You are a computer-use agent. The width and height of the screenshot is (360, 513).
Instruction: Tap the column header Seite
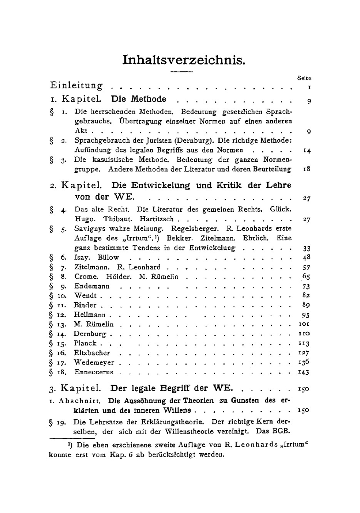304,78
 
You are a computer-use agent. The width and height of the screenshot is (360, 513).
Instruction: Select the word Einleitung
76,86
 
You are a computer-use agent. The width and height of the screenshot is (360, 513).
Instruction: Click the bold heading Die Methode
139,99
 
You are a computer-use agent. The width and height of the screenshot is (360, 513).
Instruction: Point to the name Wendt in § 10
85,295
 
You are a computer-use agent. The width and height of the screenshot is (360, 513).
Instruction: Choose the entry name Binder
85,305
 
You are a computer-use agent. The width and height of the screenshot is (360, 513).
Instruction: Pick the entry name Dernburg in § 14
90,334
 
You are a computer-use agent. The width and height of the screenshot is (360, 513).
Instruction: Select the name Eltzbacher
92,353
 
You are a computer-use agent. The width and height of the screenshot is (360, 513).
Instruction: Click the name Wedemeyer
94,363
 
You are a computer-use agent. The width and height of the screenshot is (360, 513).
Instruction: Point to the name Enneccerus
94,372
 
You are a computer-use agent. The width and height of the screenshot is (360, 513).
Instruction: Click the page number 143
304,373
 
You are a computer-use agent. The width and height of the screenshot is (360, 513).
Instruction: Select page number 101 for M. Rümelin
304,324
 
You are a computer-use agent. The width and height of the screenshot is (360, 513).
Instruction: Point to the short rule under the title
182,72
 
